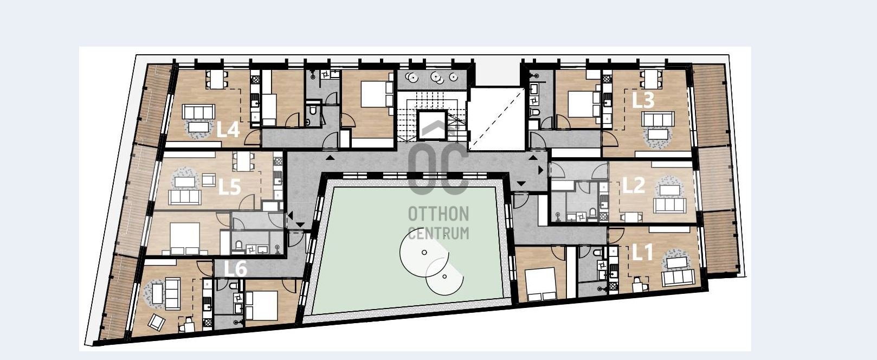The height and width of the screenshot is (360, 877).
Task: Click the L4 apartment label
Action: pos(228,129)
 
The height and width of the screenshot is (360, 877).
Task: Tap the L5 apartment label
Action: pos(229,187)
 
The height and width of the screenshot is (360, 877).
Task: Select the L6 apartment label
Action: pos(236,269)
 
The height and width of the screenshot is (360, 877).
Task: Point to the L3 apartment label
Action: pos(643,100)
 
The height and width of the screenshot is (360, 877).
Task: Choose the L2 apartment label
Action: pos(634,185)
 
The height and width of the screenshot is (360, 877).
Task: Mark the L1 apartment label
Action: pos(642,253)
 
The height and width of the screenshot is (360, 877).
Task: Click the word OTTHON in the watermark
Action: pos(438,214)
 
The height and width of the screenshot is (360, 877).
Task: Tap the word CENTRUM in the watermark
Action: pos(438,233)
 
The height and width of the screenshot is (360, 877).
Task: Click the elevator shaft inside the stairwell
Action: pos(432,125)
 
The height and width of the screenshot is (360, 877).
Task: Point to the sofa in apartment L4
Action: pos(198,112)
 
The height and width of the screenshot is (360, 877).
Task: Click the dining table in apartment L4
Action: pos(216,80)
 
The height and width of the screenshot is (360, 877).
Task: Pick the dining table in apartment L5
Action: pos(243,162)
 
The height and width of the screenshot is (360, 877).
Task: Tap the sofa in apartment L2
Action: pos(669,205)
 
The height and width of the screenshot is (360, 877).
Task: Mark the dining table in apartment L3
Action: pos(650,80)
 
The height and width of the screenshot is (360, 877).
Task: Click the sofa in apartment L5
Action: pos(185,197)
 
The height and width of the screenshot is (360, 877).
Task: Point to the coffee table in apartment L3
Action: pos(658,134)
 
